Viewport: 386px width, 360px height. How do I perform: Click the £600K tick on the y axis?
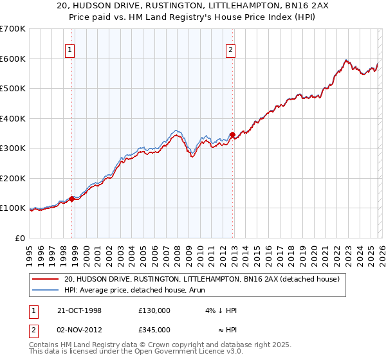point(13,59)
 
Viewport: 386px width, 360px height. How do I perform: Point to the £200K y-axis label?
point(13,178)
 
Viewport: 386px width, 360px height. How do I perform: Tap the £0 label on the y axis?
point(21,238)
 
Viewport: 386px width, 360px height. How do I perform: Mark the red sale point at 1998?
point(72,199)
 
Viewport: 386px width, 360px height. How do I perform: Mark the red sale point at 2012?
point(232,134)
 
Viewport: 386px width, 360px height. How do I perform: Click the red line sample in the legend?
point(45,279)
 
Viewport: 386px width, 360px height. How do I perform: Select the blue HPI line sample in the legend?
point(45,290)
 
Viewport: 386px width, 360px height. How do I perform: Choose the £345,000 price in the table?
point(154,329)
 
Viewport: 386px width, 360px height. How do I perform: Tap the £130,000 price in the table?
point(154,310)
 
